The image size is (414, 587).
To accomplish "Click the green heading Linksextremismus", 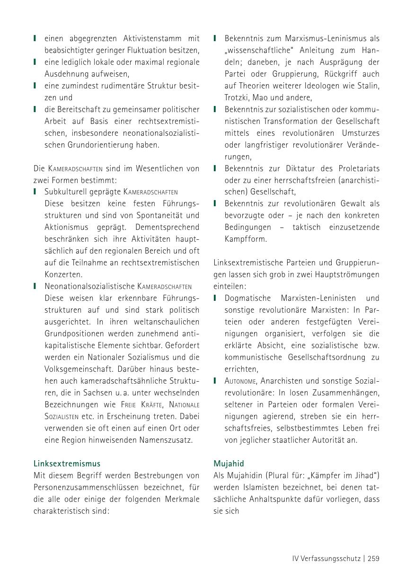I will click(x=67, y=464).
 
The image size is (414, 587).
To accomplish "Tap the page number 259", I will click(x=373, y=558).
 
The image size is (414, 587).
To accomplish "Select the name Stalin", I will click(x=369, y=86).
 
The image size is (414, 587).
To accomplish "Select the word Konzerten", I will click(x=63, y=274).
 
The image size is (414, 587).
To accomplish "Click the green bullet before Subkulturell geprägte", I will click(x=35, y=192).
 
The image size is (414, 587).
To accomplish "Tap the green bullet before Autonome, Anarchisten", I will click(x=215, y=381).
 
